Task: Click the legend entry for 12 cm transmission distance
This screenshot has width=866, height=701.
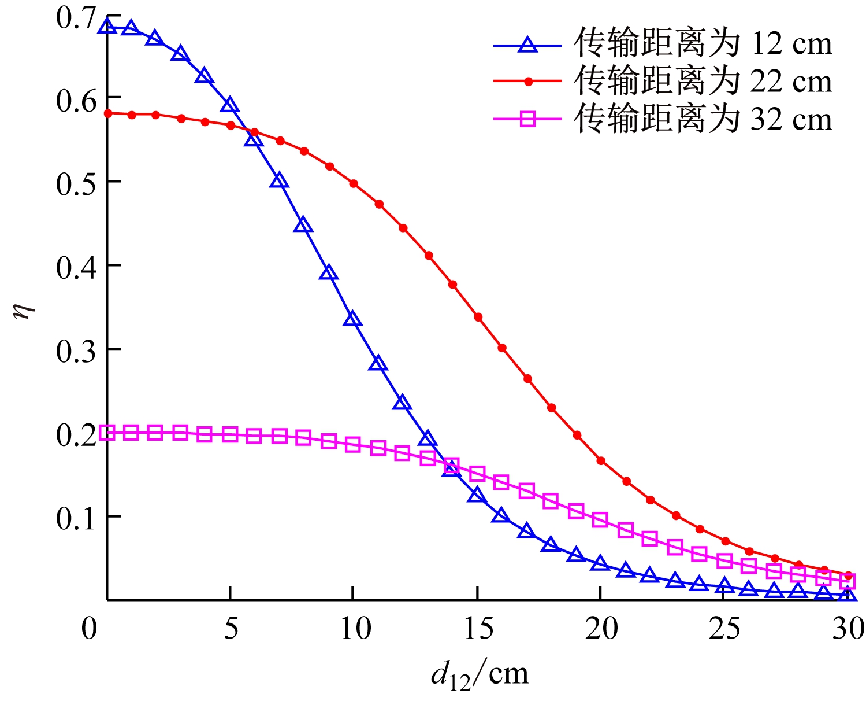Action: coord(703,44)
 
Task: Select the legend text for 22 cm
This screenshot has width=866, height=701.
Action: coord(703,82)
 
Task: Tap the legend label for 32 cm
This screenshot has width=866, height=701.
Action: coord(703,119)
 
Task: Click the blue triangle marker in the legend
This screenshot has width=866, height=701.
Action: coord(527,45)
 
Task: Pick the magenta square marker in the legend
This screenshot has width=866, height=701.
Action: coord(527,119)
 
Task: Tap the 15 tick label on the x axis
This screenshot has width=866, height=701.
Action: coord(478,629)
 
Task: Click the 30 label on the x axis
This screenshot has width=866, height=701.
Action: coord(848,629)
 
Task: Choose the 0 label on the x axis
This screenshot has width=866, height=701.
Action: coord(90,629)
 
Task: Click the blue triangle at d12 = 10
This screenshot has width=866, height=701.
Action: coord(353,319)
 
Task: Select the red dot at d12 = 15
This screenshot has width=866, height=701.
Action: coord(478,317)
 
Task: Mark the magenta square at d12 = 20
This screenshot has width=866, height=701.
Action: coord(600,519)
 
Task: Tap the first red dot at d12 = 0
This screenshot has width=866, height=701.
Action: coord(107,113)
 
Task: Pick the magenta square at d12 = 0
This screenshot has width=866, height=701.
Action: coord(107,432)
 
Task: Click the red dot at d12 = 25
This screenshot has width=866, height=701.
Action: coord(725,541)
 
